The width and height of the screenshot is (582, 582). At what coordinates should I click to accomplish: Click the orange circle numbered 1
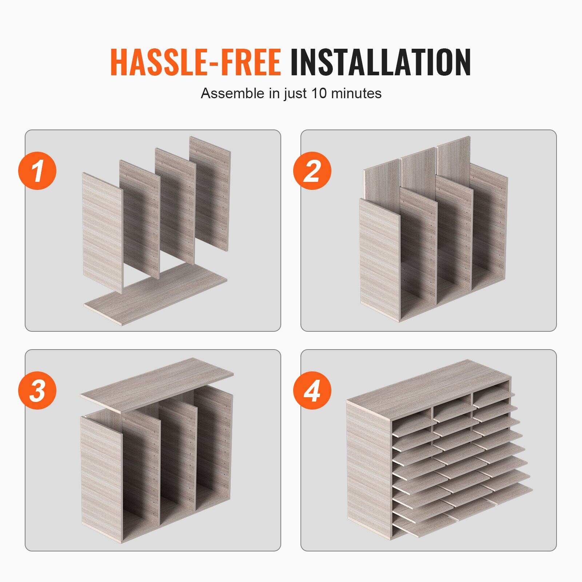[37, 170]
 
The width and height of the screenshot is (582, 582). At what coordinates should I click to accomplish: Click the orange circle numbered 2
[312, 170]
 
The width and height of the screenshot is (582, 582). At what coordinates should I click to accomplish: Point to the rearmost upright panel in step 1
[210, 193]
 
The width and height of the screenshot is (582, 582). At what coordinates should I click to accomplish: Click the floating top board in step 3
[157, 384]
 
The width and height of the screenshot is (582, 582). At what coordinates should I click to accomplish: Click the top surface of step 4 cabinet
[429, 384]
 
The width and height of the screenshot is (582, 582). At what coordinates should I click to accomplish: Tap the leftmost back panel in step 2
[382, 178]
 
